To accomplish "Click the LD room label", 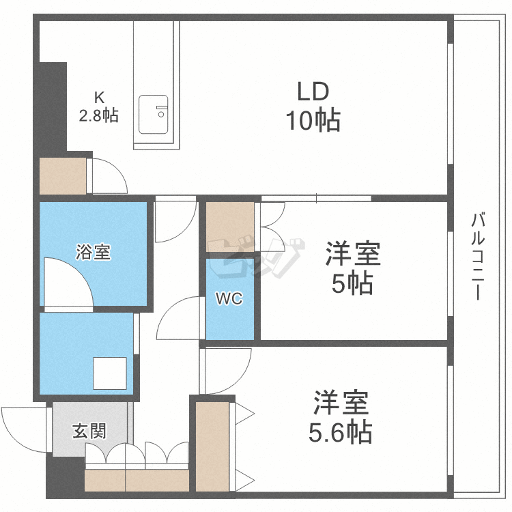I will coord(313,91).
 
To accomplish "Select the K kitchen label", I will coord(99,96).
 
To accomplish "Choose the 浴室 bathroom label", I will coord(93,252).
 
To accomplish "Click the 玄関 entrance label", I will coord(89,431).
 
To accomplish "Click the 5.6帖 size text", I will coord(342,431).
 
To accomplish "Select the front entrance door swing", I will coord(24,425).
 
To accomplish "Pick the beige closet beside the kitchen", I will coord(63,175).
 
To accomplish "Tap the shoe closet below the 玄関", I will coord(137,479).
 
